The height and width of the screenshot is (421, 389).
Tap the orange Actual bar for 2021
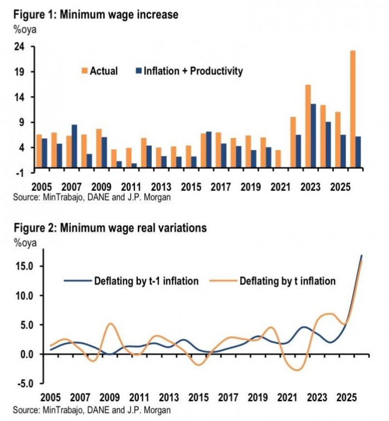(278, 159)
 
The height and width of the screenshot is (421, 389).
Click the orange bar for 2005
(39, 151)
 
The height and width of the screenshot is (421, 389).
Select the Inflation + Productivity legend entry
(189, 71)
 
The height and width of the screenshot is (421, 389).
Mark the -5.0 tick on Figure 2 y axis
(23, 384)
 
